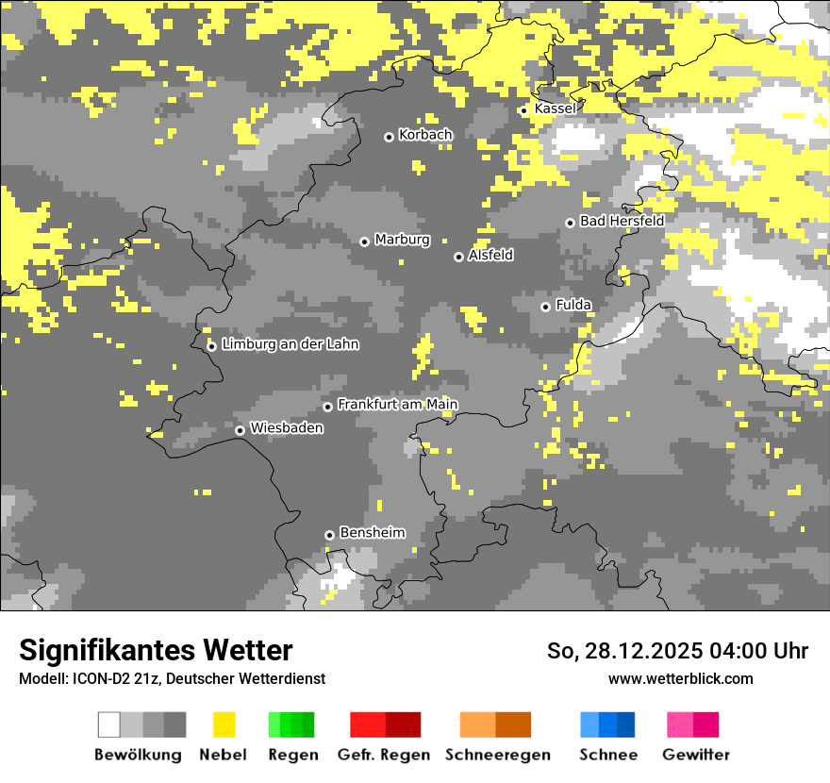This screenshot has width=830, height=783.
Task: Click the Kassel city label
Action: pyautogui.click(x=555, y=108)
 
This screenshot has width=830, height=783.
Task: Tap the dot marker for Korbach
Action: pyautogui.click(x=389, y=137)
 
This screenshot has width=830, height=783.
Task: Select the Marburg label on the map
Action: pyautogui.click(x=402, y=240)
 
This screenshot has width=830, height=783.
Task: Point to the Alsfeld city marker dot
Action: pyautogui.click(x=458, y=257)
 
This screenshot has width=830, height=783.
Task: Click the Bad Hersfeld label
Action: pyautogui.click(x=622, y=221)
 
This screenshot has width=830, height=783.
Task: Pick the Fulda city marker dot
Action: pyautogui.click(x=545, y=307)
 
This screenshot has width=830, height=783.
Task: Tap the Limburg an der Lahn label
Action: pyautogui.click(x=290, y=344)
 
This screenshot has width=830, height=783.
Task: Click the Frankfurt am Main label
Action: pyautogui.click(x=397, y=405)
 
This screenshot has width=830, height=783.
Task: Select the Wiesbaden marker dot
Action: pyautogui.click(x=241, y=430)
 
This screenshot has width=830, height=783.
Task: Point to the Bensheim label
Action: pyautogui.click(x=372, y=533)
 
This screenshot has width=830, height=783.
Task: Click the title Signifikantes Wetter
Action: pyautogui.click(x=156, y=650)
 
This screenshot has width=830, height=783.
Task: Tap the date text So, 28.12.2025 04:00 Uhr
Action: pyautogui.click(x=677, y=651)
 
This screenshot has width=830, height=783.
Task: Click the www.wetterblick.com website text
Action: pyautogui.click(x=680, y=678)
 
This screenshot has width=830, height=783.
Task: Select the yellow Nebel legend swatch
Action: pyautogui.click(x=224, y=725)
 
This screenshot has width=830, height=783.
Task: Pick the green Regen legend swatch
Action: pyautogui.click(x=290, y=725)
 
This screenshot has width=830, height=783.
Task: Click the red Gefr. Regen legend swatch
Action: pyautogui.click(x=385, y=725)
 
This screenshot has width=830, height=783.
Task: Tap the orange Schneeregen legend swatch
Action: pyautogui.click(x=495, y=725)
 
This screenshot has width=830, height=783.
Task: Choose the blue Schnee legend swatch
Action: pyautogui.click(x=607, y=725)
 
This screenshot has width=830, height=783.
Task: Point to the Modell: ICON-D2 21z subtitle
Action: pyautogui.click(x=172, y=678)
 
